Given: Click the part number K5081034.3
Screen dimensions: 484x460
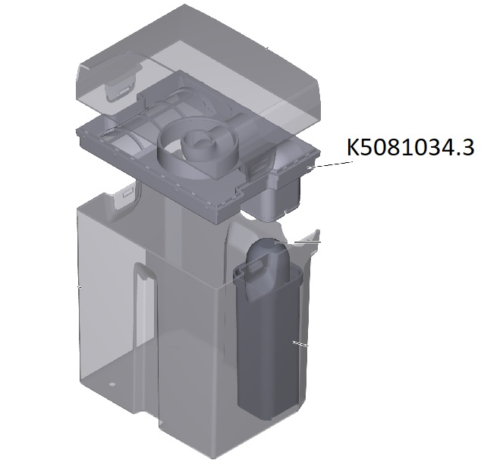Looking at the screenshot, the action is pos(410,148).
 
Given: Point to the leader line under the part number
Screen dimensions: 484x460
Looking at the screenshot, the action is pos(330,164).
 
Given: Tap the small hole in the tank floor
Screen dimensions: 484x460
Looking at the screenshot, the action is pos(112,384).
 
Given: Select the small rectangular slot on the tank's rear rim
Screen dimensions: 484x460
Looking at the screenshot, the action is pos(127,194).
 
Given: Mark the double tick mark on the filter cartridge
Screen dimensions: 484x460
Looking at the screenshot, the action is pos(300,343).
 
